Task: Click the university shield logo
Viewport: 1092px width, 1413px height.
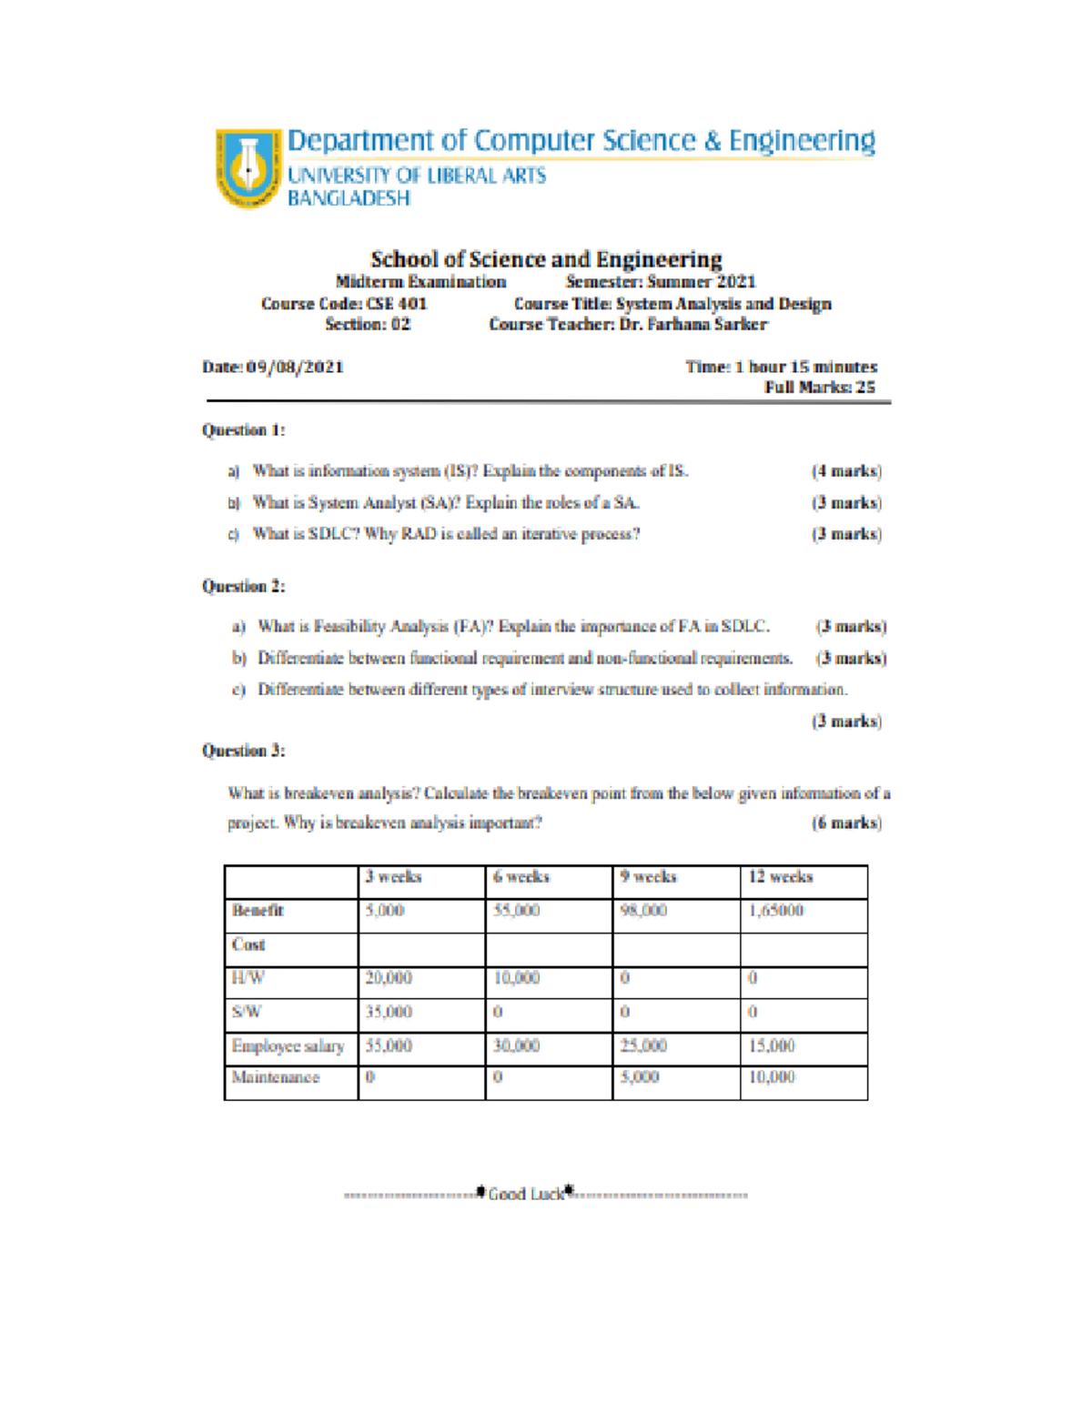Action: [x=248, y=167]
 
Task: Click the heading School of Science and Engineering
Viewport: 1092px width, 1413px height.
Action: [x=546, y=259]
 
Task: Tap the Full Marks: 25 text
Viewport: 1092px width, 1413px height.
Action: [x=819, y=388]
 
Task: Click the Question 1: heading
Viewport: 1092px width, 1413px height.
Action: [x=243, y=430]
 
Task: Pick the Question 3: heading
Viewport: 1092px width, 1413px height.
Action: [x=243, y=751]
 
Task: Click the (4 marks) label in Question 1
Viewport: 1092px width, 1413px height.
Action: [x=845, y=471]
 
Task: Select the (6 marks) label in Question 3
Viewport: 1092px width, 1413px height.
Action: [x=845, y=823]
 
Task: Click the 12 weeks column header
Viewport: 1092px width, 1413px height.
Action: [x=780, y=877]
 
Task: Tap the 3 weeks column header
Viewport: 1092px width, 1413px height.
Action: [x=393, y=877]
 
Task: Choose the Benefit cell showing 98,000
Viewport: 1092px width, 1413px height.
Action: [x=643, y=911]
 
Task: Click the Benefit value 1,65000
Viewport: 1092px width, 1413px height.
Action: [x=775, y=911]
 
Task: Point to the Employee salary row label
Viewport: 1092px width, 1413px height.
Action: [x=288, y=1046]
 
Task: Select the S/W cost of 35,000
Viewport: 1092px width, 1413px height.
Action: [x=389, y=1012]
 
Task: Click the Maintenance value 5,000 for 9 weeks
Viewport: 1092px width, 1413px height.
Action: [x=640, y=1077]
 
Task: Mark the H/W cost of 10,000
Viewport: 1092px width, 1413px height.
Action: [x=516, y=978]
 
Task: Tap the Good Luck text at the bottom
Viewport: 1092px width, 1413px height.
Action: [x=526, y=1194]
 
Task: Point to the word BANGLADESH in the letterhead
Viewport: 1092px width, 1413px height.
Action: [x=349, y=198]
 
